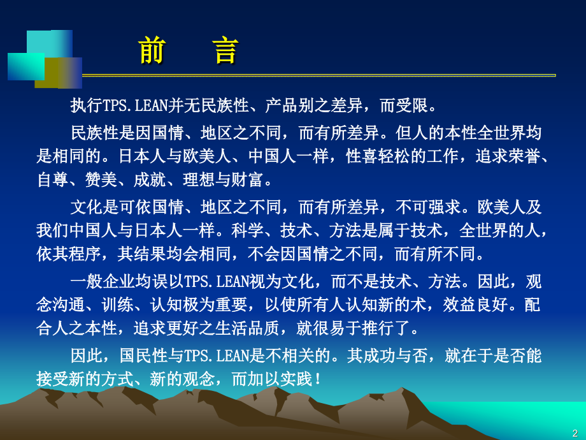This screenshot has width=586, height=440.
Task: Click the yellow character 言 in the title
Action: (x=226, y=51)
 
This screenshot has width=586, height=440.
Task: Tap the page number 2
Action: (x=575, y=432)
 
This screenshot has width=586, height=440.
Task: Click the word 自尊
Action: (x=53, y=180)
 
